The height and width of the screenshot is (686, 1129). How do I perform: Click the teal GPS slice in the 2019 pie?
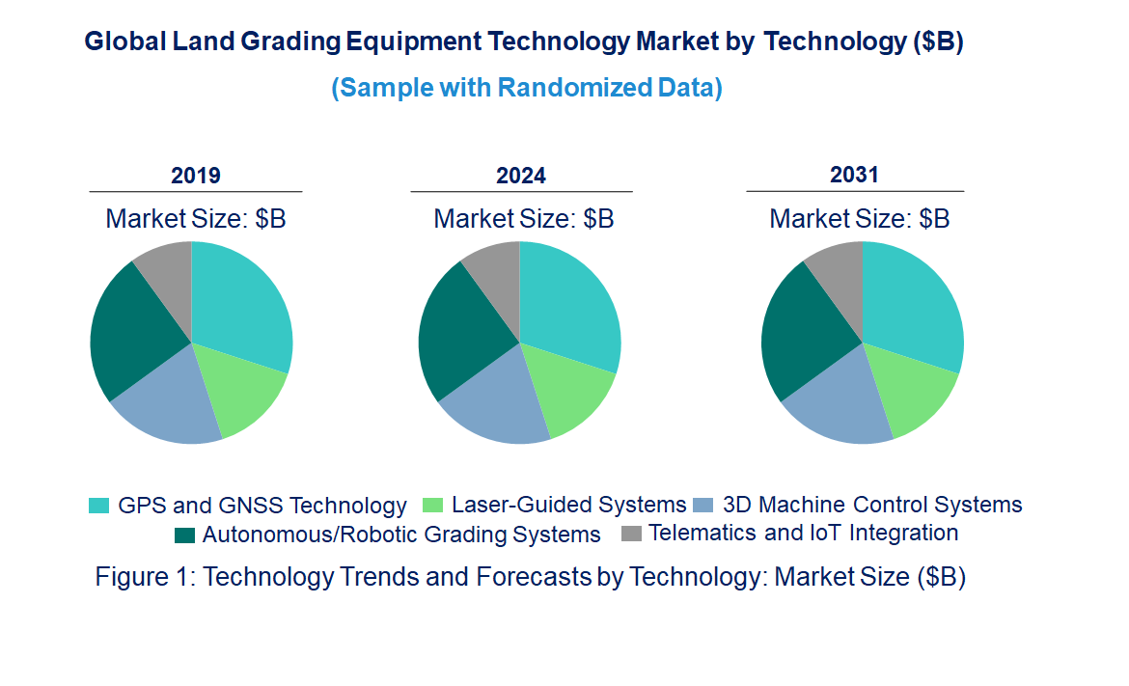(x=241, y=304)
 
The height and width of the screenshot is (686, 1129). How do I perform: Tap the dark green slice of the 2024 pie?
(x=458, y=328)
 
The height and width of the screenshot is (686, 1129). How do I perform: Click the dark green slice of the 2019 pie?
(x=130, y=328)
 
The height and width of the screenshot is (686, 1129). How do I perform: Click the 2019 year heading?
(x=196, y=176)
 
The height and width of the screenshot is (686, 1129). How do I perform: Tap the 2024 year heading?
(x=521, y=176)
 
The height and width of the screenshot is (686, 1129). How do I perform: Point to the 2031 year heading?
(x=855, y=175)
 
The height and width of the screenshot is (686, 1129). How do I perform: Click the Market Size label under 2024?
(x=524, y=218)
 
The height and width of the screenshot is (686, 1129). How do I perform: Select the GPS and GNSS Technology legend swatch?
(x=99, y=505)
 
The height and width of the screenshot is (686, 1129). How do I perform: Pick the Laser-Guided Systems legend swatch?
(x=433, y=505)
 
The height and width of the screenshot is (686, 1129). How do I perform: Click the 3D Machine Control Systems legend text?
(x=872, y=504)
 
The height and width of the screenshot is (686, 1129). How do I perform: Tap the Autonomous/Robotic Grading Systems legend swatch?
(x=184, y=535)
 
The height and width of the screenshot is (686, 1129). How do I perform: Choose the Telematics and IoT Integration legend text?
(x=804, y=533)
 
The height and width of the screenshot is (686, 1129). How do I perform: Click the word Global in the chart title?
(x=123, y=42)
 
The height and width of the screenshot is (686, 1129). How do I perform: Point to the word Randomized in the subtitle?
(x=559, y=88)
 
